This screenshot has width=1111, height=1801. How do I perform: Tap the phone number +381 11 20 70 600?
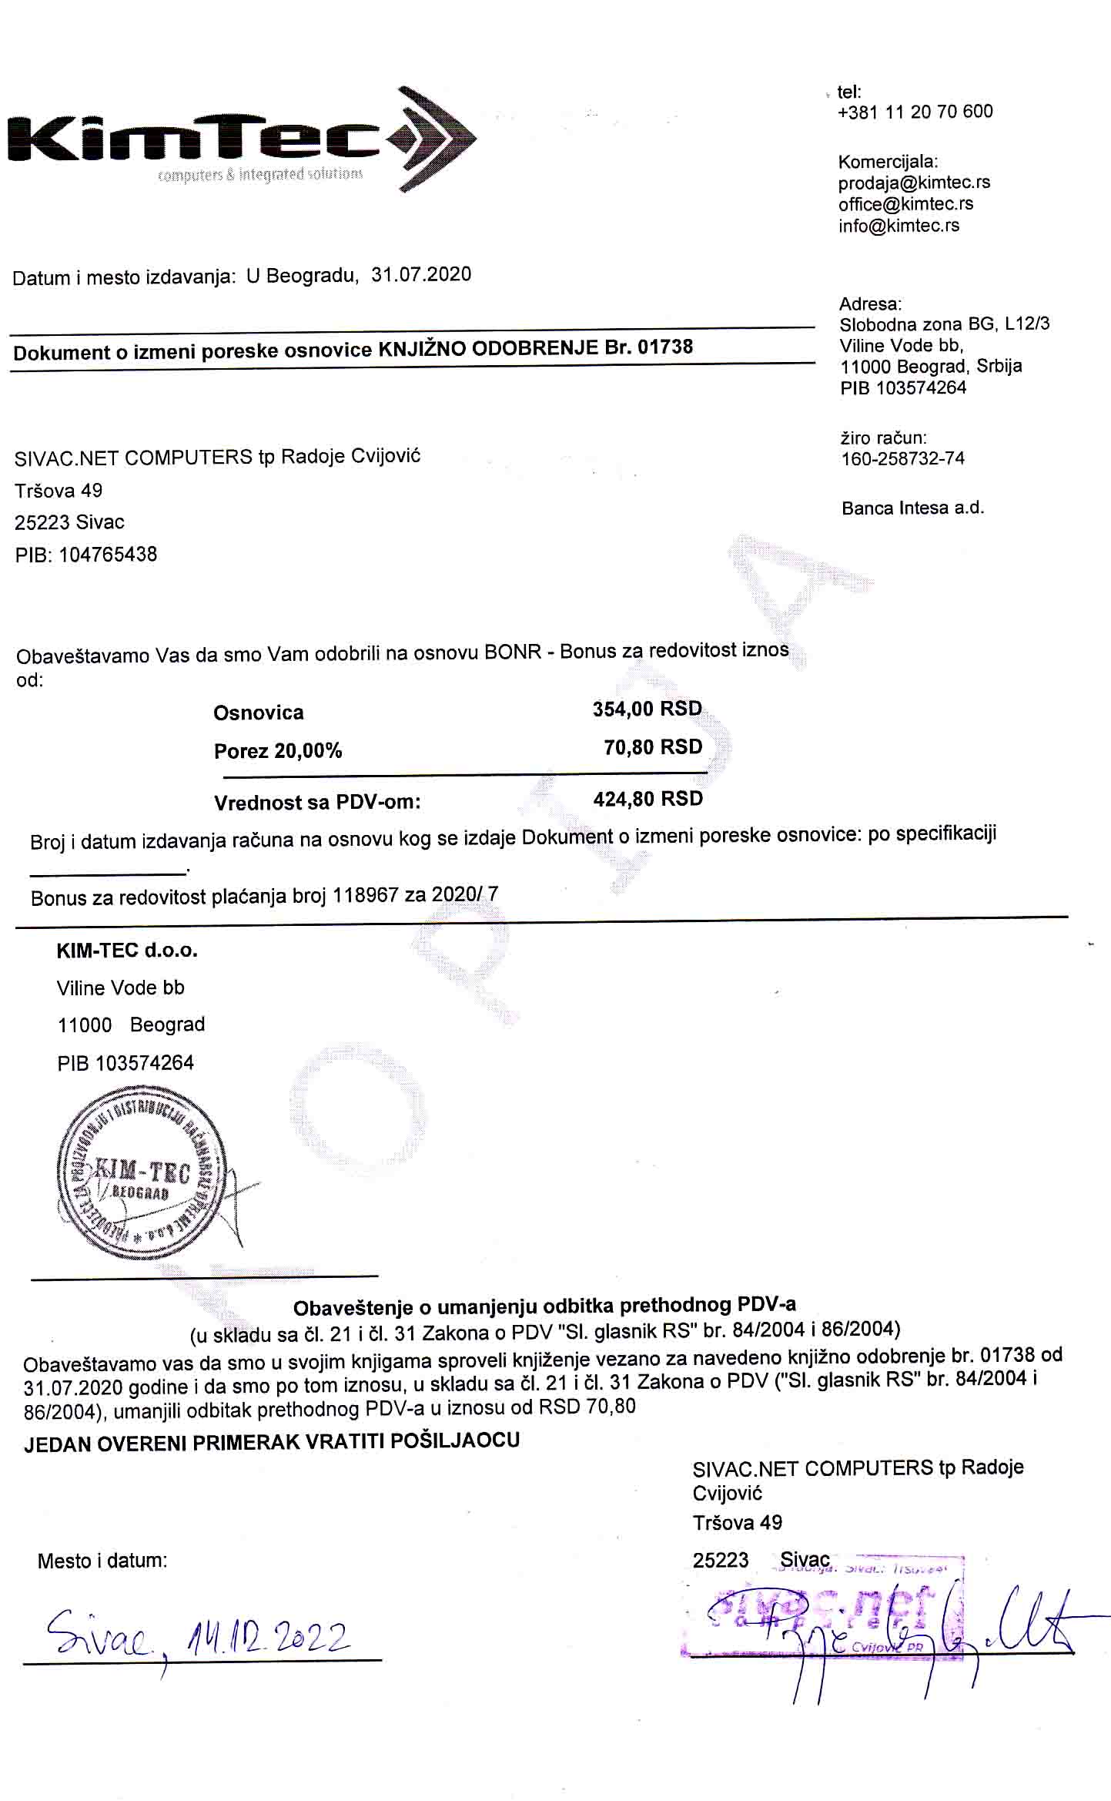915,112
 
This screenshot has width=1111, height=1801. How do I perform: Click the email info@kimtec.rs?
899,226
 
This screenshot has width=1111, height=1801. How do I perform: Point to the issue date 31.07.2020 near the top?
421,275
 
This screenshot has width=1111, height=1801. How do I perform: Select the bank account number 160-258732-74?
902,458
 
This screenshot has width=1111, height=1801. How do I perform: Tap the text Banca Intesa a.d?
912,508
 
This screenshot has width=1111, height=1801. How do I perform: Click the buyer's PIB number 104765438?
108,555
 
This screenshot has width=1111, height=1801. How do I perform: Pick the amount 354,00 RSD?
647,709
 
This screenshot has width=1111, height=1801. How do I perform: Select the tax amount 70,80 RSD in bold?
653,747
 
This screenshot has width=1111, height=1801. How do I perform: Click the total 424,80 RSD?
648,799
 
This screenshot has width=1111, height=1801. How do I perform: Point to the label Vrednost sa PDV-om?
317,803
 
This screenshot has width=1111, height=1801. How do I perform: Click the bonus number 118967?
365,896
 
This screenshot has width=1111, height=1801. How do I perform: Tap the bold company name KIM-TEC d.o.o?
127,951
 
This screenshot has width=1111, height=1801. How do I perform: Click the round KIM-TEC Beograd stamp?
142,1172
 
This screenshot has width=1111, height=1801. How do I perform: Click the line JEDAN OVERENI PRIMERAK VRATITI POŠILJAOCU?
272,1442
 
